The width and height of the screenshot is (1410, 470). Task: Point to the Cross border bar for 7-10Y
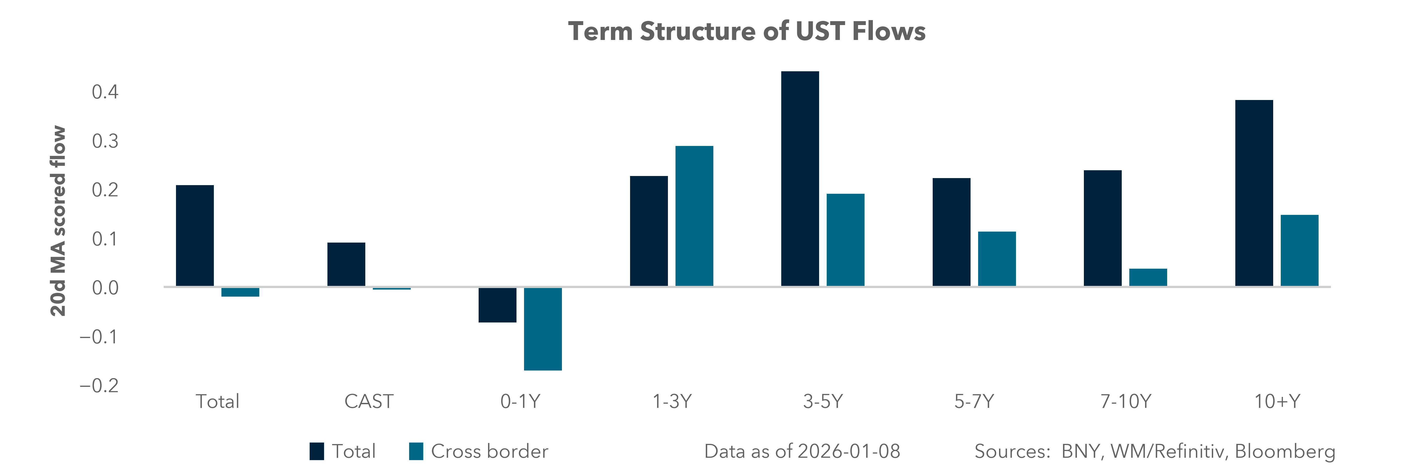(x=1148, y=277)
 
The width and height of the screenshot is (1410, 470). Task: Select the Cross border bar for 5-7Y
(x=997, y=259)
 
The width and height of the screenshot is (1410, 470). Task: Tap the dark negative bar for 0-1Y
(x=497, y=305)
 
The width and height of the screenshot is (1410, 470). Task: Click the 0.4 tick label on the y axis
(x=105, y=92)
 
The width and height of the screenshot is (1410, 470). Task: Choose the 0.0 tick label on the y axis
(x=105, y=288)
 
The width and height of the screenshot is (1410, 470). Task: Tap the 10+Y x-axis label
(x=1277, y=402)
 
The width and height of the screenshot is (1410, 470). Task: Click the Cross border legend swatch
(x=416, y=451)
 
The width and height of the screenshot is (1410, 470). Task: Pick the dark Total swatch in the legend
(x=316, y=451)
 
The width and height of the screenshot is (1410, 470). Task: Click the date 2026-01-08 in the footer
(x=848, y=451)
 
